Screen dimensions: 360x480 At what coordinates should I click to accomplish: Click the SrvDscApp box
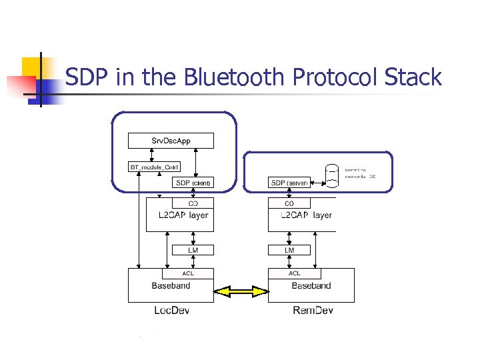click(x=171, y=141)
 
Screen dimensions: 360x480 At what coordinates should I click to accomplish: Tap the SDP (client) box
click(x=193, y=183)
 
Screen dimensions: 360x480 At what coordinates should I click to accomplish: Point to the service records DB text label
click(x=360, y=173)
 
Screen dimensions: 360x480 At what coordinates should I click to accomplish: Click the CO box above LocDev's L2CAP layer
click(x=193, y=203)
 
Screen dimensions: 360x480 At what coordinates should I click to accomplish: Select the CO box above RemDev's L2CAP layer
click(x=289, y=203)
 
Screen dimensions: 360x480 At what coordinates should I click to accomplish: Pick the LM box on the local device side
click(x=193, y=250)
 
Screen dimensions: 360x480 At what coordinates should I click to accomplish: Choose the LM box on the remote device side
click(x=289, y=250)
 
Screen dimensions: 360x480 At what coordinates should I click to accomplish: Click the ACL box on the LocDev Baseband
click(x=188, y=273)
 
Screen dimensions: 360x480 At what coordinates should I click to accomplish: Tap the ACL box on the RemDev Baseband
click(x=294, y=273)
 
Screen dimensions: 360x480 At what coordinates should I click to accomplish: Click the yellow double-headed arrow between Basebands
click(x=241, y=291)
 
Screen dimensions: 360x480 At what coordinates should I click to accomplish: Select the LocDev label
click(x=171, y=311)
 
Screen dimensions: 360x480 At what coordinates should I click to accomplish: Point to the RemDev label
click(x=312, y=311)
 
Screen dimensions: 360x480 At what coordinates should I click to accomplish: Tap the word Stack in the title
click(x=413, y=77)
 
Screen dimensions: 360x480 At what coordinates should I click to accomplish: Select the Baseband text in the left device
click(x=171, y=286)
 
